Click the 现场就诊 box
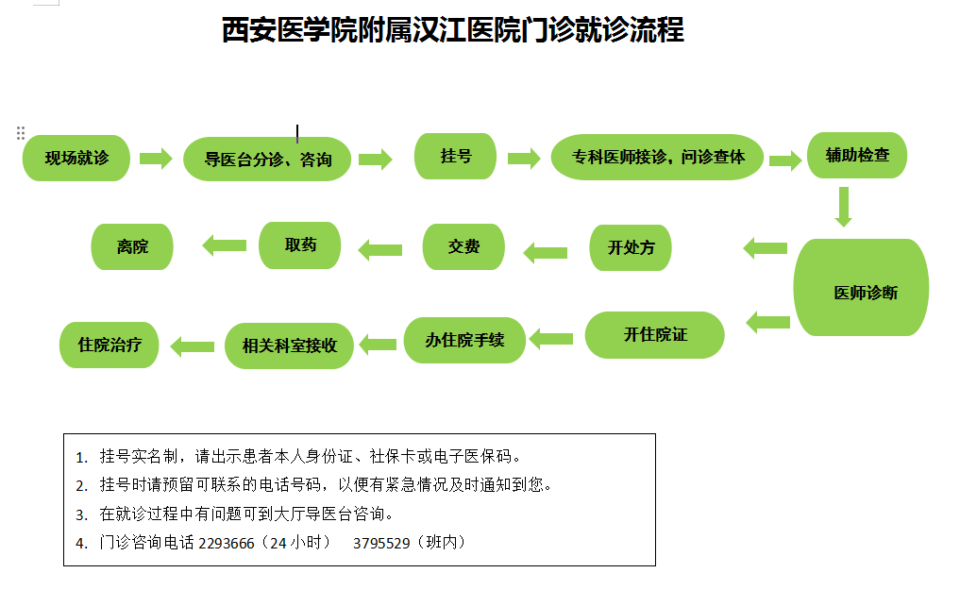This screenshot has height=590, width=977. click(x=76, y=159)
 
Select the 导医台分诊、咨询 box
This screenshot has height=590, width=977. click(x=267, y=159)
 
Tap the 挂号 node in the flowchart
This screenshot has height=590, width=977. click(x=456, y=156)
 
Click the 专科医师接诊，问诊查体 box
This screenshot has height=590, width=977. click(x=657, y=157)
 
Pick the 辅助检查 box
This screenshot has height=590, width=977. click(x=857, y=155)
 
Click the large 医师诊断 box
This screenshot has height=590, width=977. click(x=861, y=287)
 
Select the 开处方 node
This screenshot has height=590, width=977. click(x=631, y=248)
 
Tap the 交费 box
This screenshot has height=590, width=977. click(x=463, y=246)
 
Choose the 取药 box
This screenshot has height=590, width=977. click(x=299, y=245)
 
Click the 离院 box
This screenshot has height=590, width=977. click(x=132, y=246)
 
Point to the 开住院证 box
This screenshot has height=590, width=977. click(x=655, y=335)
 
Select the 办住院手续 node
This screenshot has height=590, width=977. click(x=464, y=340)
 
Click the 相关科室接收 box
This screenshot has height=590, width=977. click(x=289, y=346)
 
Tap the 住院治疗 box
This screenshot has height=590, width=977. click(x=109, y=345)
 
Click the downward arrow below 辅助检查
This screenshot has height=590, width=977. click(x=844, y=207)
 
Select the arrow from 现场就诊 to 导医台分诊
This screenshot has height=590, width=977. click(x=156, y=159)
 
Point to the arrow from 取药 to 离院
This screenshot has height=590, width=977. click(x=225, y=245)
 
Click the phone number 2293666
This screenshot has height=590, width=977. click(x=227, y=544)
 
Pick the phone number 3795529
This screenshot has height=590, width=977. click(x=381, y=544)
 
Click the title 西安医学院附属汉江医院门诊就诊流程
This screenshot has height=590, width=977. click(x=453, y=30)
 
